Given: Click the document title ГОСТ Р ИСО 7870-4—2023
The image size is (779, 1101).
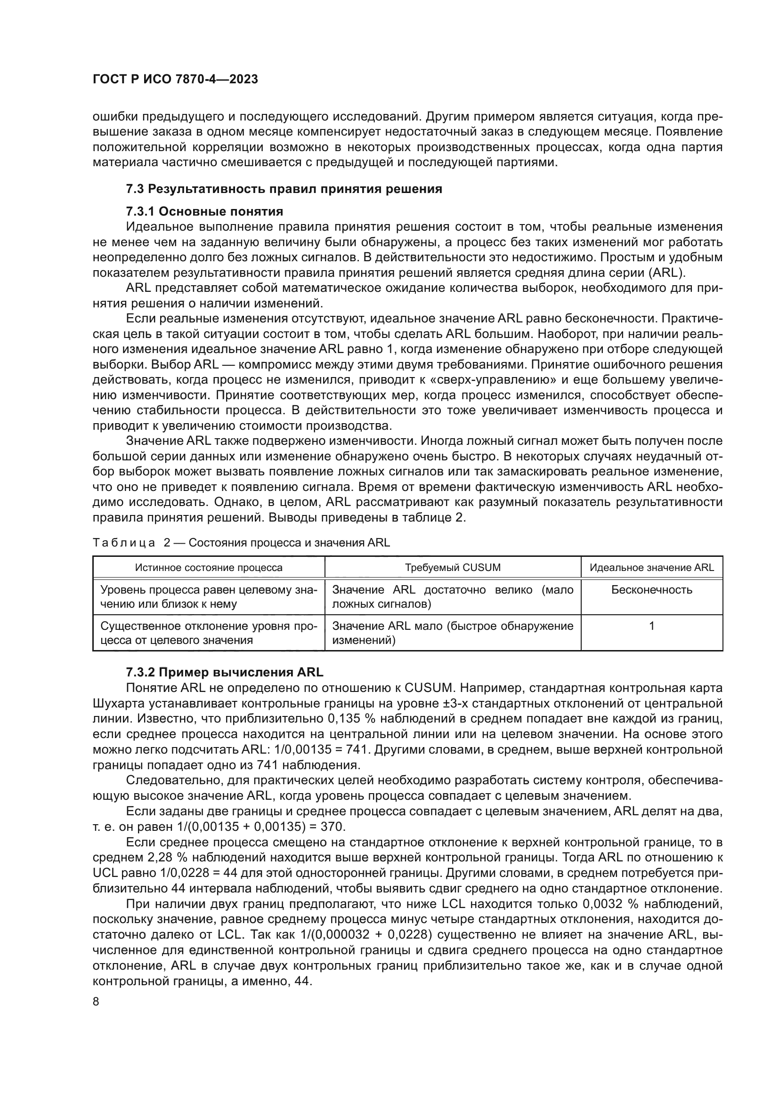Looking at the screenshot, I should coord(175,79).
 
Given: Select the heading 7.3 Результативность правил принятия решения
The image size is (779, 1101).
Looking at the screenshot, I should coord(284,189).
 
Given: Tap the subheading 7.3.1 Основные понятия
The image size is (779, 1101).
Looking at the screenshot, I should coord(204,211).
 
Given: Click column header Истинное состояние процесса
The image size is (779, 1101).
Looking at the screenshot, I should coord(209,568).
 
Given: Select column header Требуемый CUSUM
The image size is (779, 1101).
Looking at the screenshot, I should coord(452,568).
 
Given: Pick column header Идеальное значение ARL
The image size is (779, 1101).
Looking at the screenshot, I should coord(651,568).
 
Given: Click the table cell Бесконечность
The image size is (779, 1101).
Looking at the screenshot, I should coord(651,590).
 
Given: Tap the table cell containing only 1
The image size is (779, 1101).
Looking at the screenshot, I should coord(651,626).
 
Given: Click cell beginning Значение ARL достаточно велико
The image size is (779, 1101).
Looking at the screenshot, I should coord(452,597).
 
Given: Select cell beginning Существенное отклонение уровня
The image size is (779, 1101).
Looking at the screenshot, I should coord(209,633).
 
